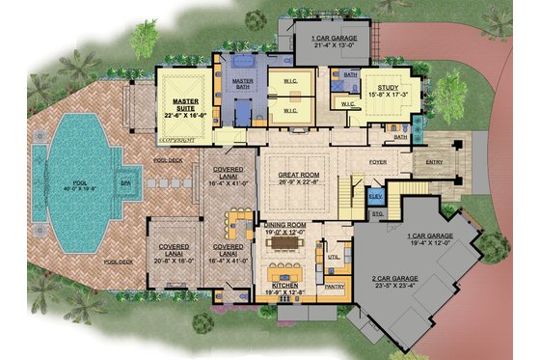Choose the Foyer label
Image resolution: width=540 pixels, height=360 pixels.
377,162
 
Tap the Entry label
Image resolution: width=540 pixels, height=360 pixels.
435,162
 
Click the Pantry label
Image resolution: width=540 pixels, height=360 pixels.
335,287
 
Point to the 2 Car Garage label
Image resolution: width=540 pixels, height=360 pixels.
396,282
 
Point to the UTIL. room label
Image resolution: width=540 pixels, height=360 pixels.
333,257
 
